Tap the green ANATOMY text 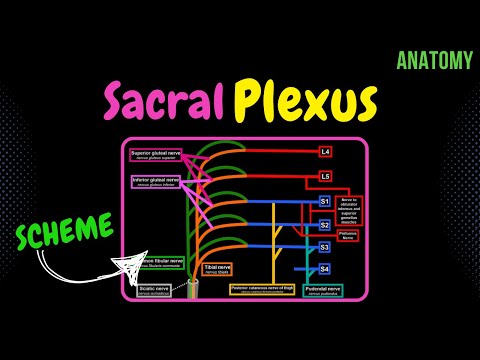coord(433,61)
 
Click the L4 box coord(325,152)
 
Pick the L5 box coord(325,177)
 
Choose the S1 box coord(325,202)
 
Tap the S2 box coord(325,225)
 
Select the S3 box coord(325,247)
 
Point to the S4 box coord(325,269)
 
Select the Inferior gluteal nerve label coord(155,181)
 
